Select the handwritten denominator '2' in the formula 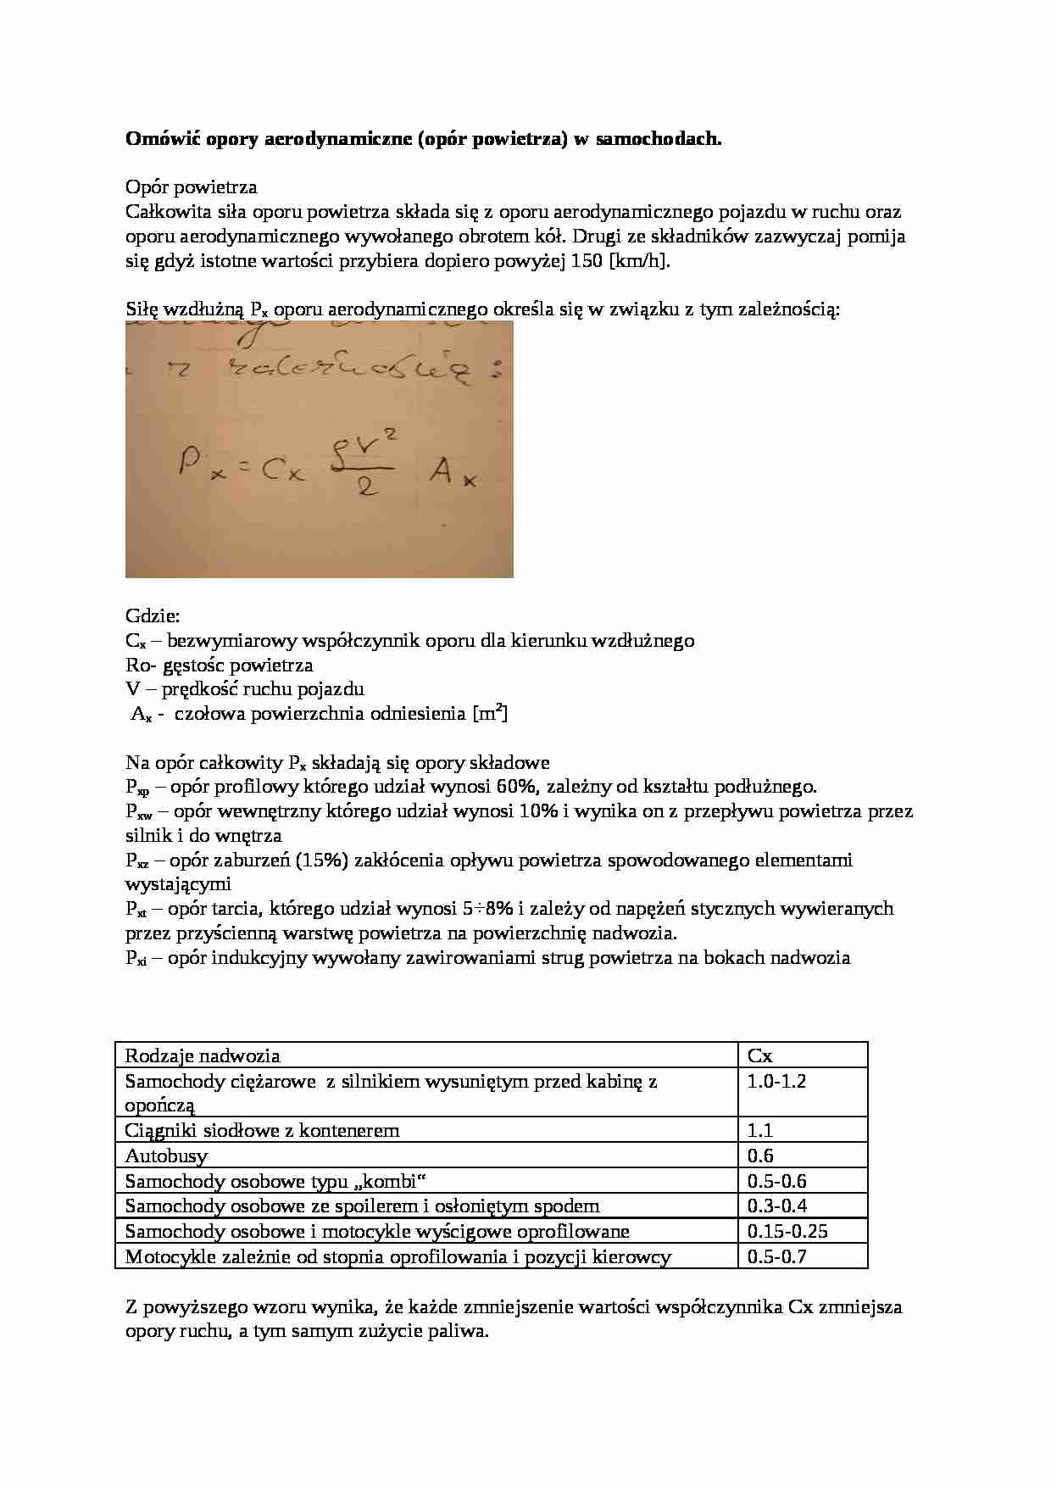[366, 491]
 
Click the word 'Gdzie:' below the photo [153, 616]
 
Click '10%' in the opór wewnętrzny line [539, 811]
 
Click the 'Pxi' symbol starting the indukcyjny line [136, 959]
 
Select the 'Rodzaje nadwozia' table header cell [203, 1056]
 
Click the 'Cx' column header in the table [759, 1056]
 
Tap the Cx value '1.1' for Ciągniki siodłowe [760, 1131]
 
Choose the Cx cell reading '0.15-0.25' [787, 1232]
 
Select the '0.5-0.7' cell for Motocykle [777, 1257]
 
